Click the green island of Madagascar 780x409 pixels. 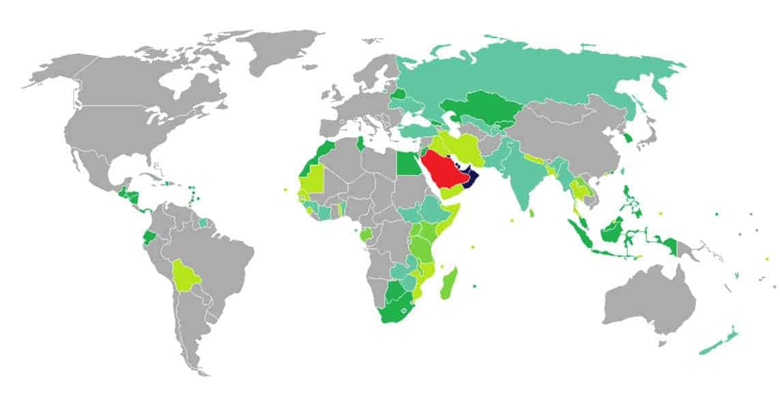451,284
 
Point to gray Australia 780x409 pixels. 648,300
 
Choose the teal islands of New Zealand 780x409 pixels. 720,341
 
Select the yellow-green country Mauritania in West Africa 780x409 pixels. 310,179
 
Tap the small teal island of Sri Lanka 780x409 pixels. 532,214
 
